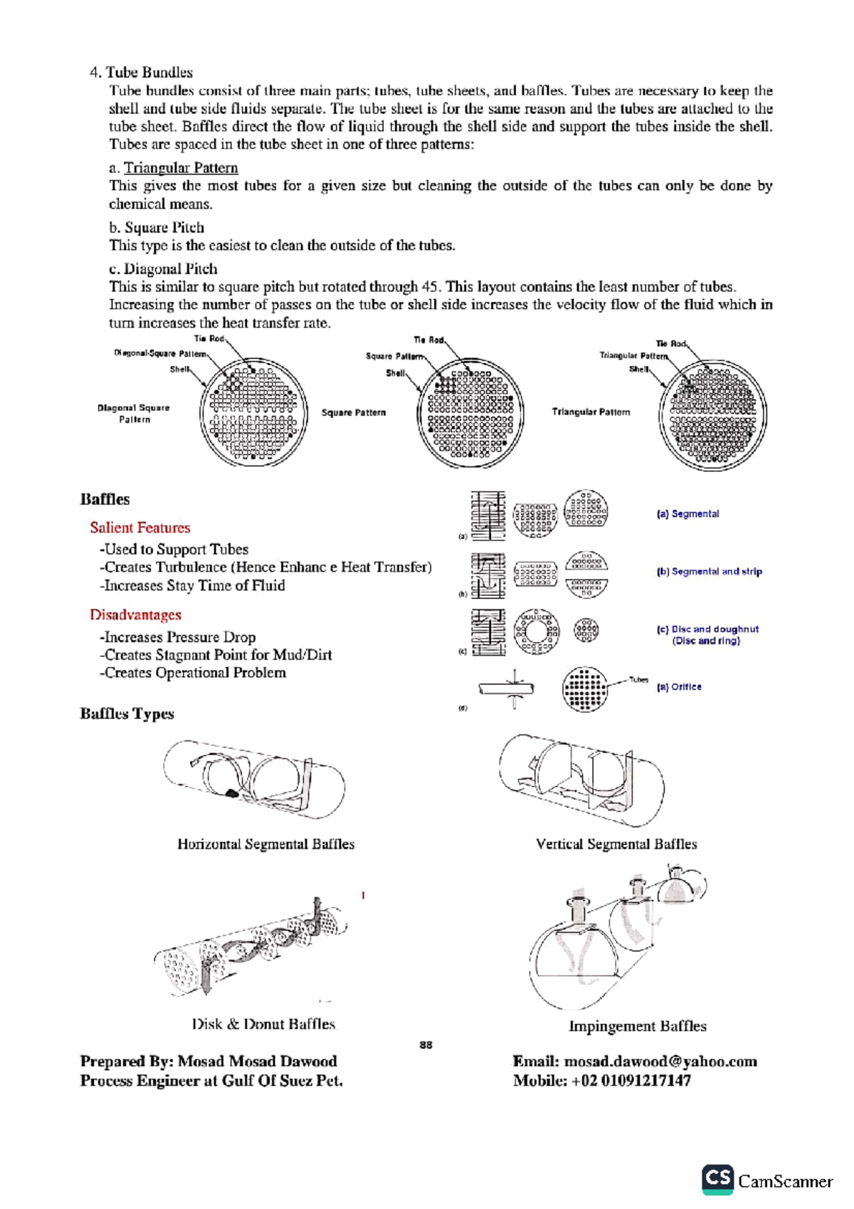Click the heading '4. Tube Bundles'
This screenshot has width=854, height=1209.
141,73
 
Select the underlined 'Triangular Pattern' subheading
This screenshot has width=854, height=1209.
181,168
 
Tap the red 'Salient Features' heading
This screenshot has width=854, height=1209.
140,528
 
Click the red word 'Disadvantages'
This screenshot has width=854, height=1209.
135,614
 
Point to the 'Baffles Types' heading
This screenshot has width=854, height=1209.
127,713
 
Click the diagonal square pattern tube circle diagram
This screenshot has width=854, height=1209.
253,413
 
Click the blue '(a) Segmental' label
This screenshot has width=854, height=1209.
687,513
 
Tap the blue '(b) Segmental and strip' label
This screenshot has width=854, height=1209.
709,571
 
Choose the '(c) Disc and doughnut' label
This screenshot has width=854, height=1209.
707,629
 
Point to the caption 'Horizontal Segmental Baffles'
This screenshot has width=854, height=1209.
265,844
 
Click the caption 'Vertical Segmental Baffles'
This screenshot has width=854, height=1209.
616,844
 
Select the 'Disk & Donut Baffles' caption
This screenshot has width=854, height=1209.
263,1024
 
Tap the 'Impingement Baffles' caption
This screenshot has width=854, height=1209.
638,1026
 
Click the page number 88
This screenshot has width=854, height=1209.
426,1045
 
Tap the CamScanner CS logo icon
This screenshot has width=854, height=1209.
717,1180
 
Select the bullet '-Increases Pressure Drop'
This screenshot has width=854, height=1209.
178,637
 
